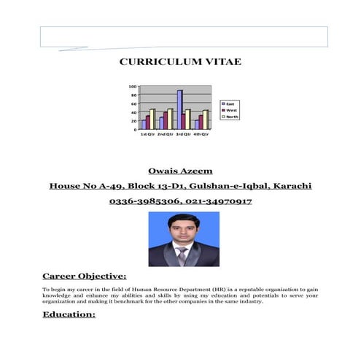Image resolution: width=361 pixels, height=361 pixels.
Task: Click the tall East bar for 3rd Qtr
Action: pyautogui.click(x=179, y=109)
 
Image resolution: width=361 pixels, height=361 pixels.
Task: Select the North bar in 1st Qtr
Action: pyautogui.click(x=152, y=120)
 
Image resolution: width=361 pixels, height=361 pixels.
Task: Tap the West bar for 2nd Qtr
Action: pyautogui.click(x=166, y=120)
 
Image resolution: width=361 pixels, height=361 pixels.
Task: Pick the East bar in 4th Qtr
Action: pyautogui.click(x=195, y=125)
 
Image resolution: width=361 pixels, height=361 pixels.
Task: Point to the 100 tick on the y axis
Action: pyautogui.click(x=133, y=86)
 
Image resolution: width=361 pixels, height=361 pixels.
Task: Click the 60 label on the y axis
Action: pyautogui.click(x=133, y=104)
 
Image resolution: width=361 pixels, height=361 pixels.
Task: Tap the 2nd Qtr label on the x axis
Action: pyautogui.click(x=165, y=135)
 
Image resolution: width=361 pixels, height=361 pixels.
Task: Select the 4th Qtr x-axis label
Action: pyautogui.click(x=201, y=135)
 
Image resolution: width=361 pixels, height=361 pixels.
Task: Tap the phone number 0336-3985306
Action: pyautogui.click(x=141, y=201)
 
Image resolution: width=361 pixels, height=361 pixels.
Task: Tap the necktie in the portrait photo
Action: pyautogui.click(x=181, y=256)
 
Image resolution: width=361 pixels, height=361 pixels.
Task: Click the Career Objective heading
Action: pyautogui.click(x=84, y=276)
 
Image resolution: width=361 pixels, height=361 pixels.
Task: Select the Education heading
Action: pyautogui.click(x=69, y=314)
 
